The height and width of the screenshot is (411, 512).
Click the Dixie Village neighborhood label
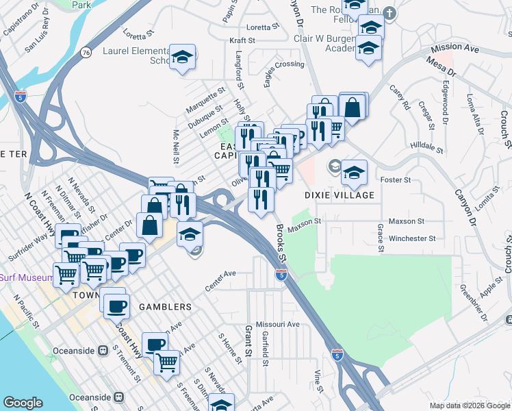coord(340,195)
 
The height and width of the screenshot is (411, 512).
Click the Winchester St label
coord(412,239)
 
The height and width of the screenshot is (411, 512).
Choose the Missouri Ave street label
coord(277,324)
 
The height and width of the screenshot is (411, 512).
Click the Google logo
coord(23,403)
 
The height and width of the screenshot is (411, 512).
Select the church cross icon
coord(389,13)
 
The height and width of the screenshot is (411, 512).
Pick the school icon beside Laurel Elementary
coord(183,56)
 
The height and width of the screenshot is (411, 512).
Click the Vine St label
coord(318,381)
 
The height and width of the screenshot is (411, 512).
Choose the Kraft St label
coord(242,41)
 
